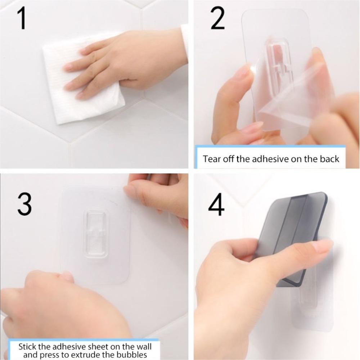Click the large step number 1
coord(22,18)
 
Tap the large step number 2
coord(217,18)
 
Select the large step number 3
coord(24,204)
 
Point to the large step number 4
coord(216,204)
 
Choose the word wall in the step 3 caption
coord(144,346)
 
